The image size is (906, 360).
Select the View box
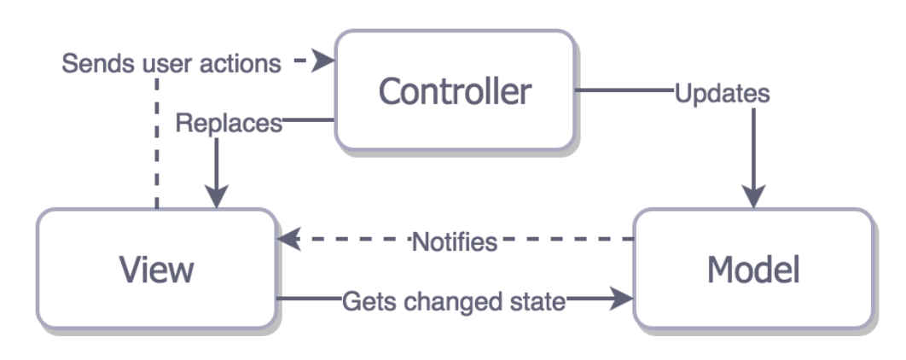coord(156,268)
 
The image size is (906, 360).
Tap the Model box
coord(753,268)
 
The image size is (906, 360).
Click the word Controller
coord(455,90)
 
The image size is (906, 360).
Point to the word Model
coord(753,270)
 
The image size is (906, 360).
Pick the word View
coord(156,270)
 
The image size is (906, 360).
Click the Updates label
coord(722,93)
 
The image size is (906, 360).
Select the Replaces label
coord(228,124)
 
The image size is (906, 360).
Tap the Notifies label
coord(454,241)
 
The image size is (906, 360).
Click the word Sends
coord(96,64)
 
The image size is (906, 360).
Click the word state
coord(543,301)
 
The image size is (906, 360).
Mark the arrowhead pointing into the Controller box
coord(324,61)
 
